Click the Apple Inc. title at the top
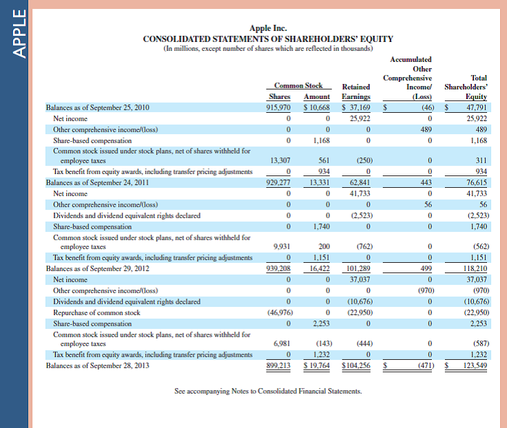point(267,28)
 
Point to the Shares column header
point(278,96)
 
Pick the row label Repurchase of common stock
point(96,312)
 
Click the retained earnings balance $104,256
point(356,366)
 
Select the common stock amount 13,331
point(318,182)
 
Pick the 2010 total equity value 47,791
point(474,108)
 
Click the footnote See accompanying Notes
point(267,392)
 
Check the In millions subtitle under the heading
point(268,49)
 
